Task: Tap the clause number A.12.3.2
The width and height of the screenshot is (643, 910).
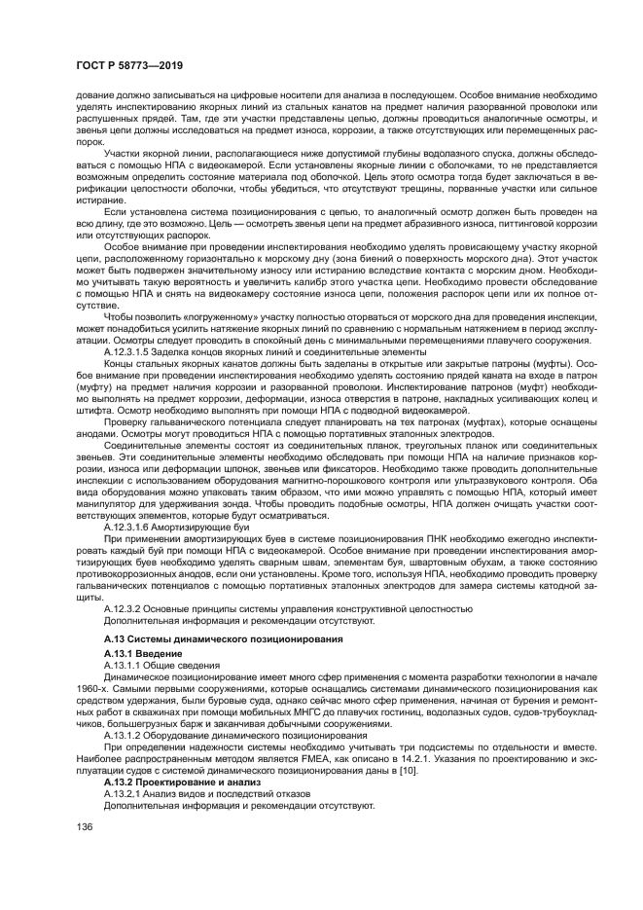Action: (124, 608)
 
